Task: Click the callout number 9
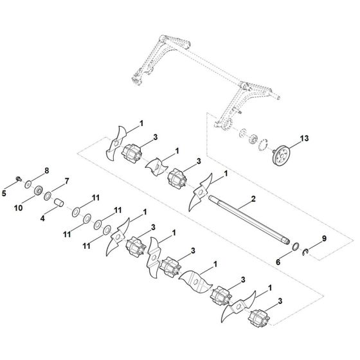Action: [324, 239]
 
